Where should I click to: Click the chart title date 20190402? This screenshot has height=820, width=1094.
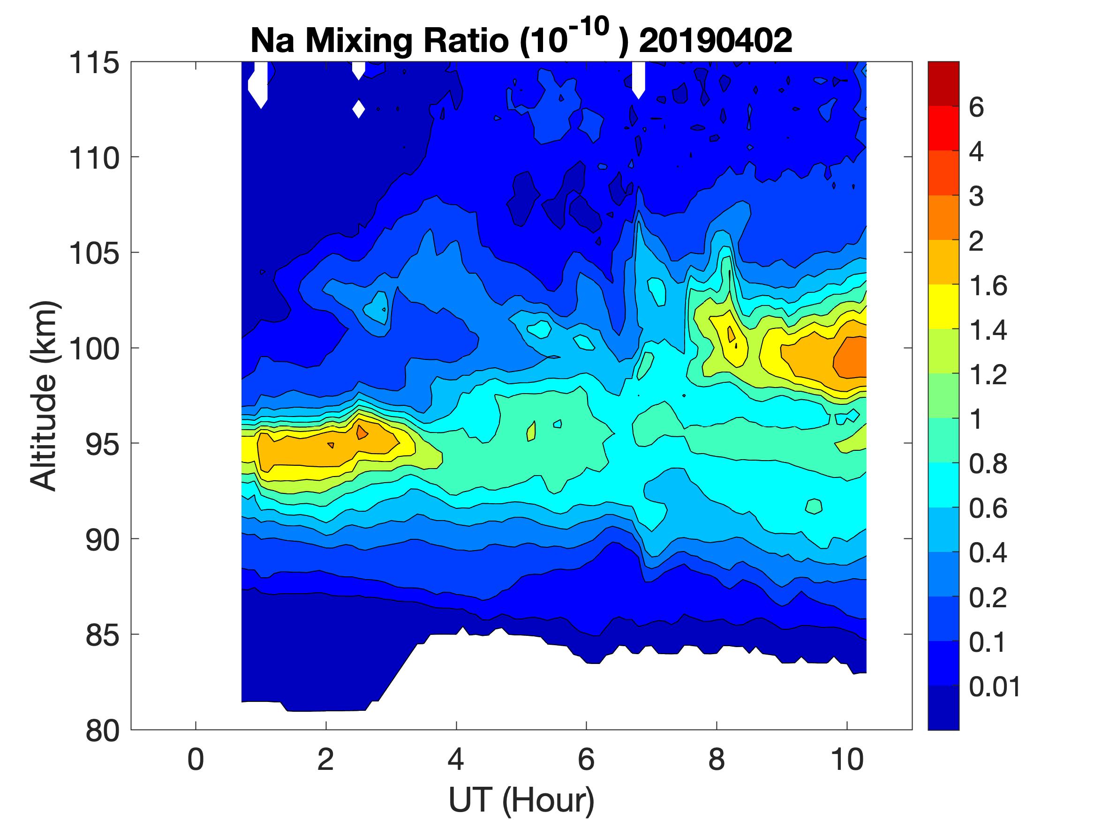(716, 40)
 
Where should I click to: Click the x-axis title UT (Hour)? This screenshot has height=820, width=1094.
(521, 799)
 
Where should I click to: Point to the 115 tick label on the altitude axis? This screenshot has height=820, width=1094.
(94, 63)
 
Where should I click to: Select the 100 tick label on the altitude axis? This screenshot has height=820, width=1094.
(94, 349)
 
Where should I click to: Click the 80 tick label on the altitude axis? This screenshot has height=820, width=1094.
(102, 731)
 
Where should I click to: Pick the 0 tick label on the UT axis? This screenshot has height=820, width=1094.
(196, 759)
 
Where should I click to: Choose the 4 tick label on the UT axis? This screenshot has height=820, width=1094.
(456, 759)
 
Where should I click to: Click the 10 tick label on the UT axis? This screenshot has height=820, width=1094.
(847, 759)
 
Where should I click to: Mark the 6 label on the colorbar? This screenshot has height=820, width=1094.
(976, 107)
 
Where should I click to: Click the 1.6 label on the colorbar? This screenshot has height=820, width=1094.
(988, 286)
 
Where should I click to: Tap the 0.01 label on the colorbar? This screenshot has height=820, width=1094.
(995, 686)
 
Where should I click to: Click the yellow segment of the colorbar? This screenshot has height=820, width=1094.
(943, 306)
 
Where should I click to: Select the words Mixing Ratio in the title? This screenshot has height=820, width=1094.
(408, 40)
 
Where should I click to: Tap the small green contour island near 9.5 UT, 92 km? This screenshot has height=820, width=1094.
(814, 506)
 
